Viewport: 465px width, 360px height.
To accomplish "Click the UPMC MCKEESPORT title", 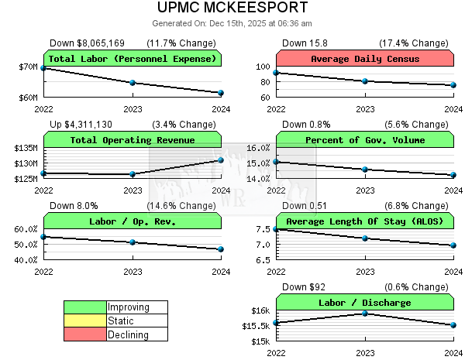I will coord(232,9).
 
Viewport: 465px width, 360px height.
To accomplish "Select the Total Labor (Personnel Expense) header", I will coord(133,59).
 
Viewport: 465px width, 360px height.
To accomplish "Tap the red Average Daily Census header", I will coord(364,59).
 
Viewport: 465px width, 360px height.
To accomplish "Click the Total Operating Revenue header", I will coord(133,140).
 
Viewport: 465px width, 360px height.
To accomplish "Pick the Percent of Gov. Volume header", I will coord(364,140).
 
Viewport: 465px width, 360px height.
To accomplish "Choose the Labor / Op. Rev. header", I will coord(133,221).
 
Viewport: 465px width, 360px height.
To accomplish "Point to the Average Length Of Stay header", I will coord(364,221).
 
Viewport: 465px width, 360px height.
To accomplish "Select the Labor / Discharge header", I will coord(364,303).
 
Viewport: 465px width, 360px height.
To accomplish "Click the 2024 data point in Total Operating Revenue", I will coord(221,160).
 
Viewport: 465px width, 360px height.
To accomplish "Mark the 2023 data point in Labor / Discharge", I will coord(364,313).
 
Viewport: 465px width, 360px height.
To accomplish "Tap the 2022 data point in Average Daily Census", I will coord(276,73).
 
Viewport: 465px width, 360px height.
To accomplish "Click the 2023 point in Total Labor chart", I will coord(133,83).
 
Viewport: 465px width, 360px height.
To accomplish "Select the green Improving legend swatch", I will coord(84,307).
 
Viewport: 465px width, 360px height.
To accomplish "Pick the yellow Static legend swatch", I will coord(84,321).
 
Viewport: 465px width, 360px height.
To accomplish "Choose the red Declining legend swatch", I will coord(84,335).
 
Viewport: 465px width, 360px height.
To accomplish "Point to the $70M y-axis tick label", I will coord(28,67).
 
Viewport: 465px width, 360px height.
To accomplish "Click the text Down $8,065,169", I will coord(87,43).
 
